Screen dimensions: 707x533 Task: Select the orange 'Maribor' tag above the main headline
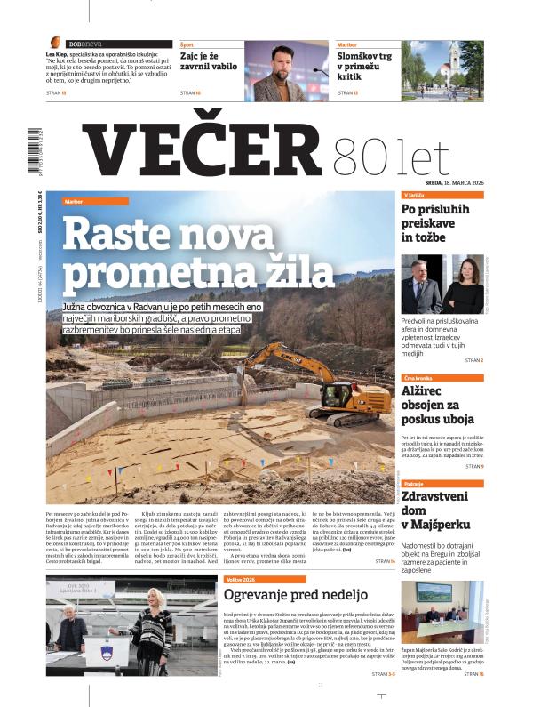click(73, 202)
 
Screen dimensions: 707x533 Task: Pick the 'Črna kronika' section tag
click(418, 377)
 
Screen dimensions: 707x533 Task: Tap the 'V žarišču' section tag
click(414, 195)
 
